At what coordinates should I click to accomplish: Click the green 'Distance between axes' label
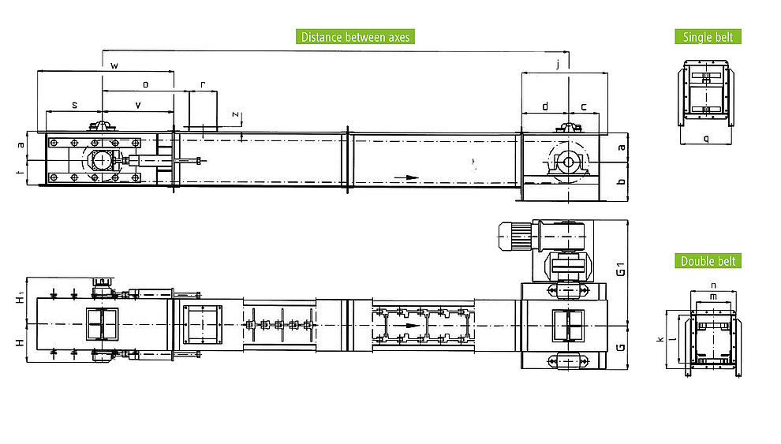[x=355, y=37]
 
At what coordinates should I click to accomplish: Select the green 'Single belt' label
[x=708, y=37]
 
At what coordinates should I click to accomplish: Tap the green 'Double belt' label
[x=708, y=261]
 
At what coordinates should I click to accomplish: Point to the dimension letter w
[x=114, y=65]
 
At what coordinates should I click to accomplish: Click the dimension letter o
[x=145, y=84]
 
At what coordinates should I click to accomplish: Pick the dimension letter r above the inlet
[x=203, y=84]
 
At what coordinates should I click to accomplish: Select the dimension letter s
[x=75, y=105]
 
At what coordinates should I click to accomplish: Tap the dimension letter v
[x=138, y=105]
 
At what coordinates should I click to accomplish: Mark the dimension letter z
[x=235, y=114]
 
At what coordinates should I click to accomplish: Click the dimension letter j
[x=558, y=64]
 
